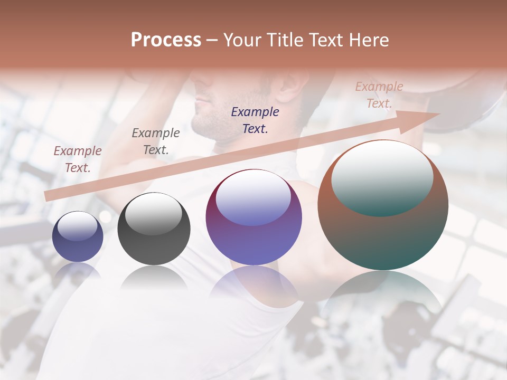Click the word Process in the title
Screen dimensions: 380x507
click(x=166, y=40)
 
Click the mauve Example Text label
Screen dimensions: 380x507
click(x=78, y=159)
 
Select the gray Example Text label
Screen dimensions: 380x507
click(x=156, y=141)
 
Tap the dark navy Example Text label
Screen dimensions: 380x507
click(x=255, y=120)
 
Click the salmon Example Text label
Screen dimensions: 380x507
click(x=379, y=95)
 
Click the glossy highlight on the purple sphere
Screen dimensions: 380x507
click(x=253, y=198)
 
